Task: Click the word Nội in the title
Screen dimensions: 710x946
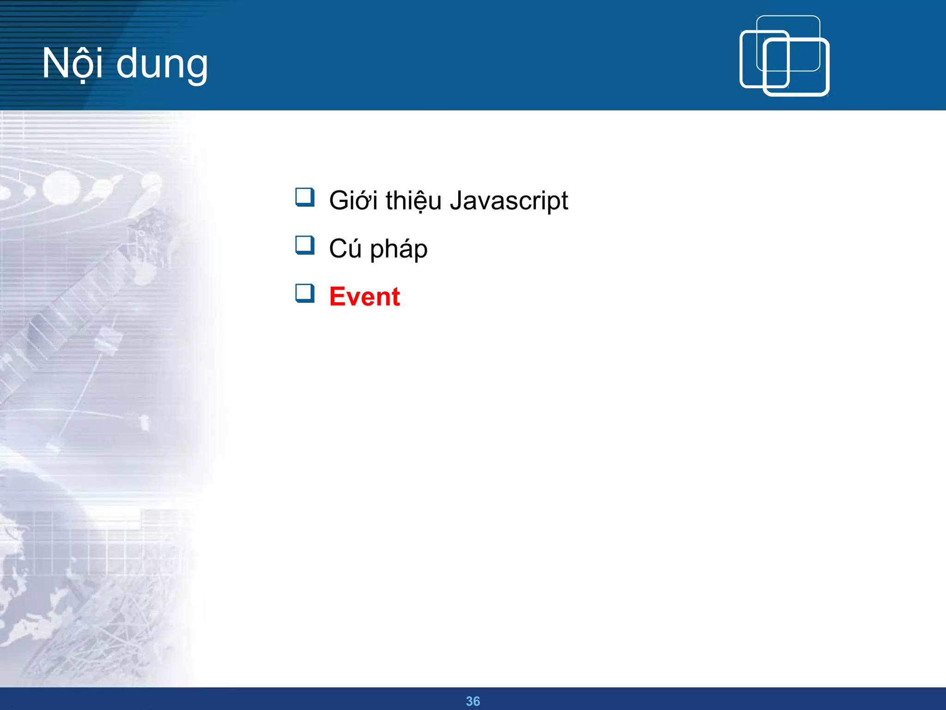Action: point(72,63)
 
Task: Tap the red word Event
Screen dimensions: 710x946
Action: point(364,296)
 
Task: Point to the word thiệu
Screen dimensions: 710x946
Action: point(413,201)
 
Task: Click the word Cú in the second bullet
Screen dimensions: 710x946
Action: point(345,249)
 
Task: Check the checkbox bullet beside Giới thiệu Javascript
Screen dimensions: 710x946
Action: point(305,197)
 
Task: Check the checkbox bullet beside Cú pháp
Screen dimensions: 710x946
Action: point(305,245)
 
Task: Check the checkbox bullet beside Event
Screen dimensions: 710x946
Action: point(305,294)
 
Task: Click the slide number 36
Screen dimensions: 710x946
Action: point(473,701)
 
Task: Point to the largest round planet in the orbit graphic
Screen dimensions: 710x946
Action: point(61,189)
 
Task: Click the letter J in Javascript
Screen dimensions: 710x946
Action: point(456,201)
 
